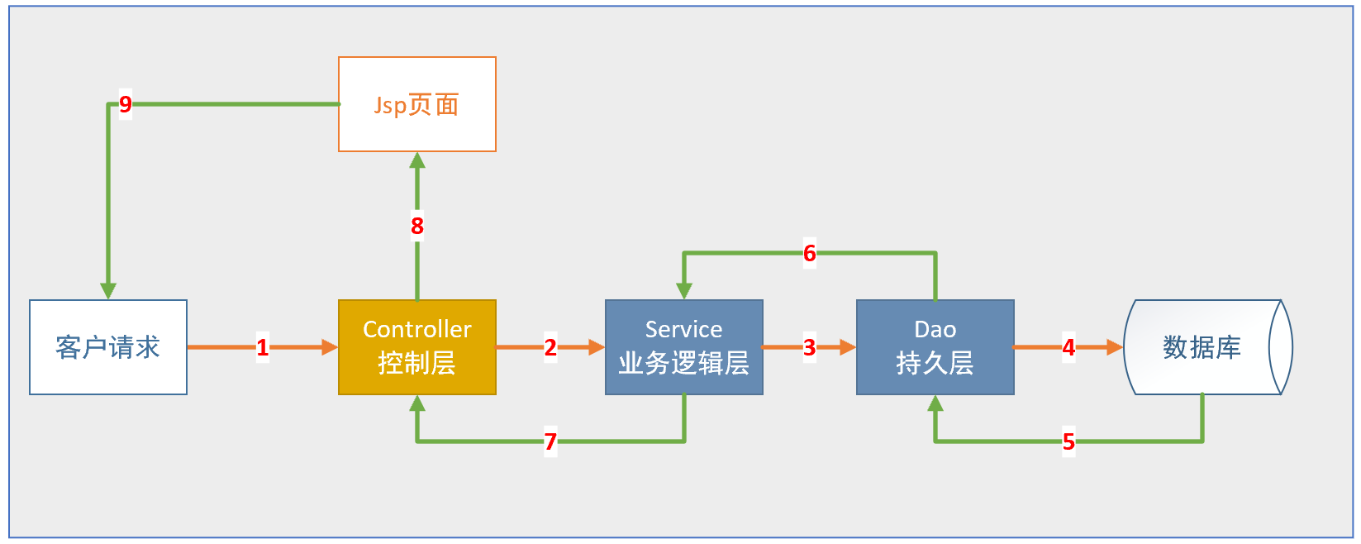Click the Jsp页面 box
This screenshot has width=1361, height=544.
tap(417, 104)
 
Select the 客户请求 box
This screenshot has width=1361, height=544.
tap(108, 347)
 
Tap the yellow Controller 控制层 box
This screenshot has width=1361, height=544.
tap(417, 347)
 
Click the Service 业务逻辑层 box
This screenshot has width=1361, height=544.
tap(684, 347)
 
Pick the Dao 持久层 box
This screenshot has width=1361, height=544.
tap(935, 347)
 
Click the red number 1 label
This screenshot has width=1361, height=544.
tap(263, 347)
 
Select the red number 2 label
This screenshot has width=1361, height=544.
tap(550, 347)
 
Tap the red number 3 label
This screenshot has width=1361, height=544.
tap(810, 347)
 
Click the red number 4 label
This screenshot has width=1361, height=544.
tap(1068, 347)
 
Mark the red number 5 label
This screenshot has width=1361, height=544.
tap(1068, 441)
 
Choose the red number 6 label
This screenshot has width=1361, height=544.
tap(810, 253)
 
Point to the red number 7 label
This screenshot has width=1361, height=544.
tap(550, 441)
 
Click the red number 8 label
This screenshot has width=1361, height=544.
tap(417, 226)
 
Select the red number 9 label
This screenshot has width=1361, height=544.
tap(126, 104)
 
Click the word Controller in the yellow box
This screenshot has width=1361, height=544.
tap(417, 329)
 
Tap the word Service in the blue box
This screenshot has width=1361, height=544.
tap(684, 329)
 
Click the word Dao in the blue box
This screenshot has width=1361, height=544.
tap(935, 329)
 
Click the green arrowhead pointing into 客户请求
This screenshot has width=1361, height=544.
tap(108, 291)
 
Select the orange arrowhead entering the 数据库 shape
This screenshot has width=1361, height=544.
tap(1115, 347)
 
